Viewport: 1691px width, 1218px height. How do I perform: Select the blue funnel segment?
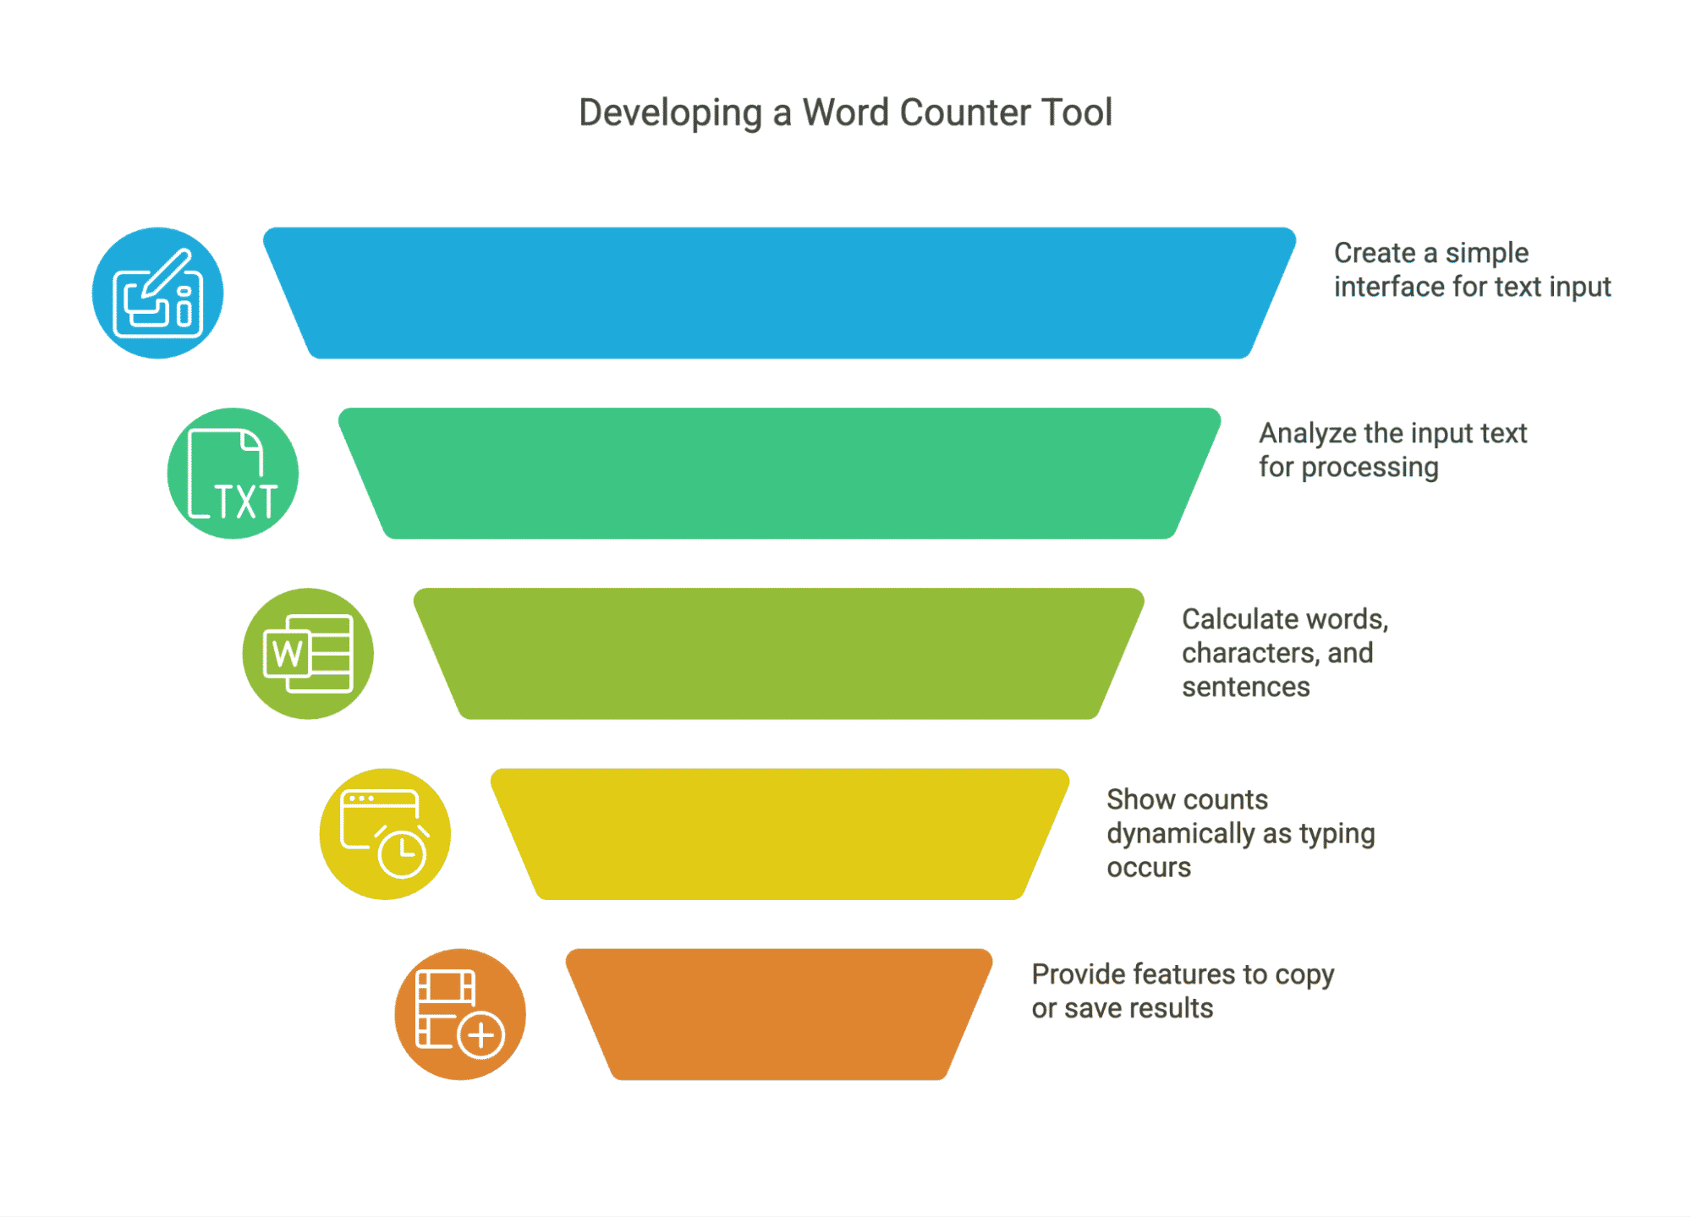pos(779,293)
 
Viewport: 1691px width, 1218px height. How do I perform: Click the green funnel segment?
pos(779,474)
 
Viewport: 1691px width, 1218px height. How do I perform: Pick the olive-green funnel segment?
pos(779,654)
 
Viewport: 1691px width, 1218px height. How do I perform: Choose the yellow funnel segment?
pos(779,834)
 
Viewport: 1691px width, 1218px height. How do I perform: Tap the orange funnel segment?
pos(779,1014)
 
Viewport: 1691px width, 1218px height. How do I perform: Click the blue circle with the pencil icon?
pos(158,293)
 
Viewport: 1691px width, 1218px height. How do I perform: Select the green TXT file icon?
pos(233,474)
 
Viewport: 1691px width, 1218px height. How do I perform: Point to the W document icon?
pos(308,654)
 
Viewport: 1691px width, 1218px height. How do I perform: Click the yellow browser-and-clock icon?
pos(385,834)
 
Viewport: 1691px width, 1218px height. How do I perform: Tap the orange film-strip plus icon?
pos(460,1014)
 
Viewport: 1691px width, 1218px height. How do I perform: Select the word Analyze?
pos(1308,434)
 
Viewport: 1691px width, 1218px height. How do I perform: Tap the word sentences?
pos(1245,687)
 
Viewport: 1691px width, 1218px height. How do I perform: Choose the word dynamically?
pos(1181,834)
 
